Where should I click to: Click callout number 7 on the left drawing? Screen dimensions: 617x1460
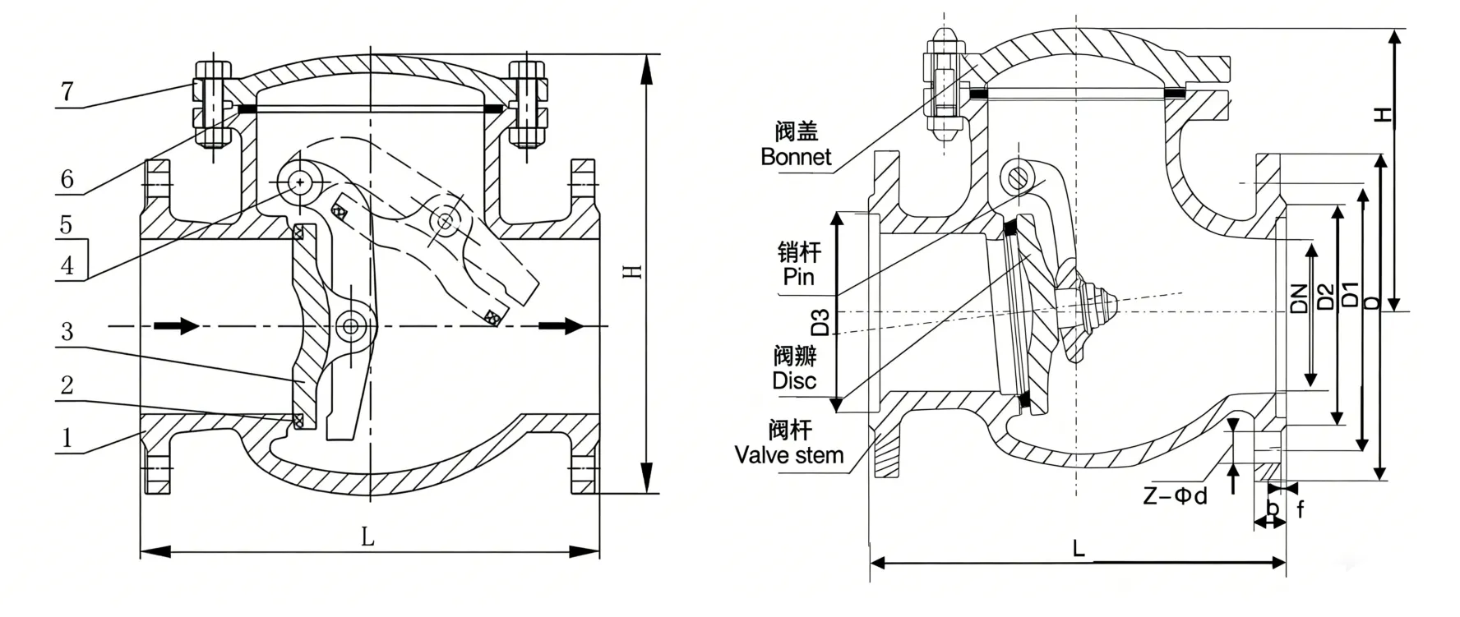(x=67, y=91)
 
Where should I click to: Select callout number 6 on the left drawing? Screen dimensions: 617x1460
(x=67, y=179)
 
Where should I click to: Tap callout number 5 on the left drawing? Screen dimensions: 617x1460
(x=67, y=225)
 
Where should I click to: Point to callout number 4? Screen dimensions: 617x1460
(x=67, y=265)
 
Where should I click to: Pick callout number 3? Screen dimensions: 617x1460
(x=67, y=331)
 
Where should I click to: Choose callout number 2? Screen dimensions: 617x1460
(x=67, y=384)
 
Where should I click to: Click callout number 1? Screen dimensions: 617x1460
(x=67, y=437)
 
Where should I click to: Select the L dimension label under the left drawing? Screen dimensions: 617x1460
(x=367, y=537)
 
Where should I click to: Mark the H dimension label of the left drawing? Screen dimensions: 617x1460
(x=632, y=271)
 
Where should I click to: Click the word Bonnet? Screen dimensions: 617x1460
(x=796, y=157)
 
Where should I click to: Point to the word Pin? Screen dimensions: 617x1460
(x=798, y=277)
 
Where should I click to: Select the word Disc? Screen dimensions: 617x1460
(x=794, y=381)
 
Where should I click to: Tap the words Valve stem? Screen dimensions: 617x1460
(x=789, y=455)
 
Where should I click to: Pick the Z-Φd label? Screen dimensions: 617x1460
(x=1176, y=497)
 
